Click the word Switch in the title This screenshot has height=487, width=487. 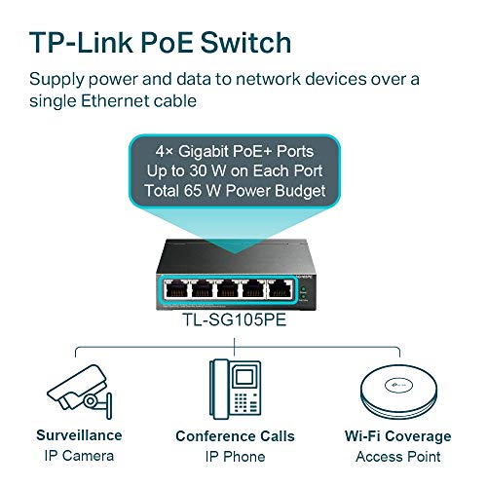click(245, 43)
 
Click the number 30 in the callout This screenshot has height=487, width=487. click(198, 171)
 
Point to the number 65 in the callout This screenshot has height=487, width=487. click(193, 191)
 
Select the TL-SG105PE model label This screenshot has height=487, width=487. click(235, 319)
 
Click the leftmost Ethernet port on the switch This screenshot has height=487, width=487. click(176, 288)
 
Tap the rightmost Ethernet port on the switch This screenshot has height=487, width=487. click(280, 288)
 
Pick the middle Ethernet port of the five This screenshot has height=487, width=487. click(228, 288)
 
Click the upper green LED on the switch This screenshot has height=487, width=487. click(303, 289)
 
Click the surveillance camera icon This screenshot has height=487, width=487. click(80, 392)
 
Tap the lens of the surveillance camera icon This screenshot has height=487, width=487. click(91, 401)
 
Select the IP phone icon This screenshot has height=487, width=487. click(236, 389)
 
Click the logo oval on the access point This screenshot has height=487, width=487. click(398, 385)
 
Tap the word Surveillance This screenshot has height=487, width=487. click(79, 435)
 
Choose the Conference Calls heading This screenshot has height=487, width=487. click(235, 436)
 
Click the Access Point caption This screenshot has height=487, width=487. click(398, 457)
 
